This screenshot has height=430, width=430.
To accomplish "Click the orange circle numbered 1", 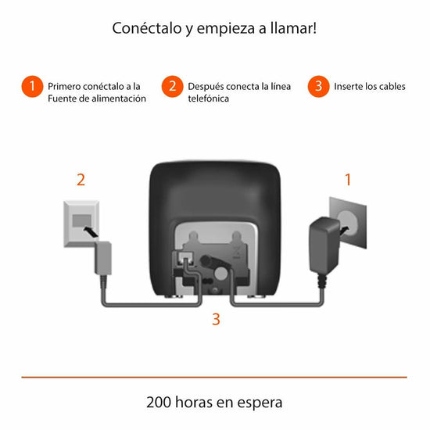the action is click(x=32, y=86).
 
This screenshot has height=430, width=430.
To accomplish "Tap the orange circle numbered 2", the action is click(x=172, y=86).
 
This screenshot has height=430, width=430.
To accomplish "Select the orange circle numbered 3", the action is click(x=318, y=86).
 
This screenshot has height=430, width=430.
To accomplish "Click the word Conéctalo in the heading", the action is click(x=147, y=28).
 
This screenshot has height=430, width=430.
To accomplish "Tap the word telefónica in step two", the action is click(x=209, y=99).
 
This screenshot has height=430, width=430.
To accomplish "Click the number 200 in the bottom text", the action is click(x=158, y=403).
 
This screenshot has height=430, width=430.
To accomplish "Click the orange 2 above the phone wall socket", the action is click(x=81, y=180).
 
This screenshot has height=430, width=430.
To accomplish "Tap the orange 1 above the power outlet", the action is click(x=348, y=180).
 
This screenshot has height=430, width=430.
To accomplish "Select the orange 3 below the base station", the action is click(x=216, y=319).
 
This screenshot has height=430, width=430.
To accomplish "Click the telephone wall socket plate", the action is click(x=81, y=224).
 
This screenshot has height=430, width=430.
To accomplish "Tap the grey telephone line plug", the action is click(x=103, y=258).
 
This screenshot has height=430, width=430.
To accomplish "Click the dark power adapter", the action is click(x=324, y=245).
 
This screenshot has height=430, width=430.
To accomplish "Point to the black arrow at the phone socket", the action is click(x=91, y=231).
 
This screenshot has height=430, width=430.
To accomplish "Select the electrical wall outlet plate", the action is click(x=348, y=222).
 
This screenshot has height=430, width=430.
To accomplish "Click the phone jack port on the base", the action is click(x=185, y=258).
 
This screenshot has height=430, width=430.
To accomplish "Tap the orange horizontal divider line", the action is click(x=214, y=378).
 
